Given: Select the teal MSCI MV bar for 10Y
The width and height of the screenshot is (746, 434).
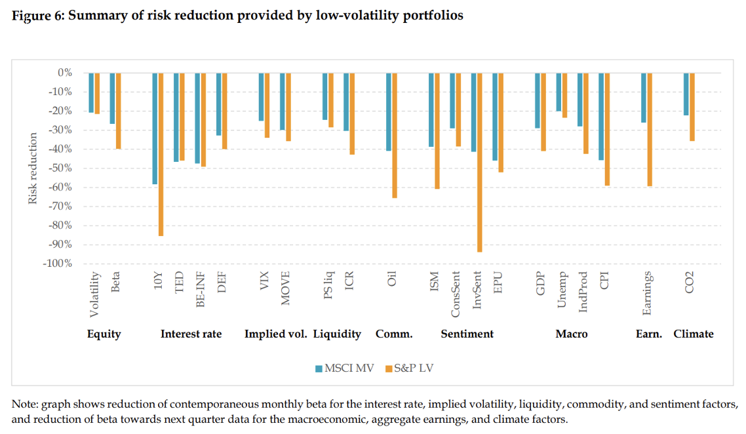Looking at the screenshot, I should click(x=155, y=128).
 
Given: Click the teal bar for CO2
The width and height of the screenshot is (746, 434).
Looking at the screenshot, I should click(x=686, y=94).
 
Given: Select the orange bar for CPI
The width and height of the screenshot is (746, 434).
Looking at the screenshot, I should click(x=607, y=128).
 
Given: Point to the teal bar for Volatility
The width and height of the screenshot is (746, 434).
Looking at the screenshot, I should click(x=92, y=92).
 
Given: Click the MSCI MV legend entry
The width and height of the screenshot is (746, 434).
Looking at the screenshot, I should click(x=344, y=368).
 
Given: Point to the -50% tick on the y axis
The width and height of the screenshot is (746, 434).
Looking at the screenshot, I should click(x=59, y=168).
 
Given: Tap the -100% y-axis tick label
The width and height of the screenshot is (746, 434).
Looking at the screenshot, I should click(x=56, y=264).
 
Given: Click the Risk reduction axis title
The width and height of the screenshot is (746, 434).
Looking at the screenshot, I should click(x=33, y=168).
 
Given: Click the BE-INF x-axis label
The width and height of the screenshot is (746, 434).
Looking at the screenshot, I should click(x=200, y=290).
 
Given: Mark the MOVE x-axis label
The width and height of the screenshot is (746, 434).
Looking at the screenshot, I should click(x=285, y=288).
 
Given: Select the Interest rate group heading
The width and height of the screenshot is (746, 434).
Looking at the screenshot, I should click(x=191, y=334).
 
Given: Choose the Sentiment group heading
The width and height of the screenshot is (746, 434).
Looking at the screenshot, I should click(x=467, y=334).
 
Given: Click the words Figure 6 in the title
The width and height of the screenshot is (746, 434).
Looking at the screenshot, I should click(x=37, y=16).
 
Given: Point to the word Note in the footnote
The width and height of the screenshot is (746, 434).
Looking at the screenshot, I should click(x=24, y=403).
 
